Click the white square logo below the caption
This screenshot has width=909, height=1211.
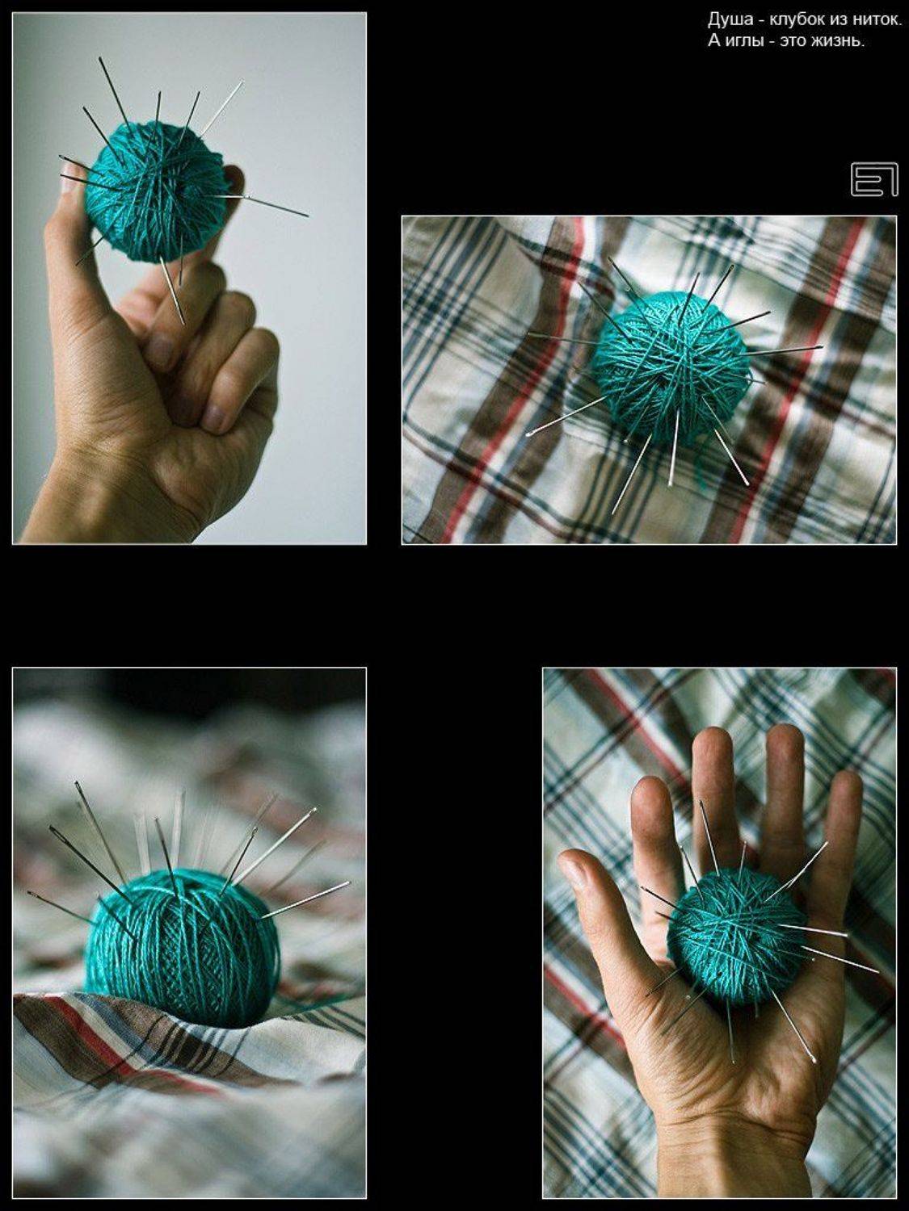(x=873, y=179)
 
